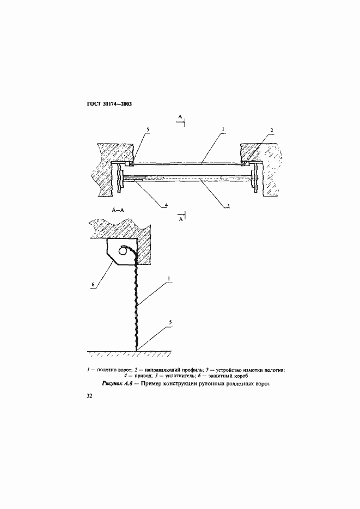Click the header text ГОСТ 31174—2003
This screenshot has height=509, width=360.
pos(106,105)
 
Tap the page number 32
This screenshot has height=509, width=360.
pos(89,396)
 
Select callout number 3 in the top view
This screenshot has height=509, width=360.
pos(229,205)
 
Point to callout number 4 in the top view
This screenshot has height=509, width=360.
pos(166,205)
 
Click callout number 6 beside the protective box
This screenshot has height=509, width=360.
pos(93,285)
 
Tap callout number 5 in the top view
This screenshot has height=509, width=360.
pos(148,130)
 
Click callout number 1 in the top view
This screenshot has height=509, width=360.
pos(223,129)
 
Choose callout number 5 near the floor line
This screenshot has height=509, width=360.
pos(170,322)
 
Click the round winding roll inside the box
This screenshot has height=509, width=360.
pos(123,250)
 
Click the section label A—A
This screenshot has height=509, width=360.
pos(118,210)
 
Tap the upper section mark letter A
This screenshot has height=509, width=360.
pos(180,116)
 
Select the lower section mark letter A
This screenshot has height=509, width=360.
pos(180,220)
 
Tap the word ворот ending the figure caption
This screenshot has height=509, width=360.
pos(263,384)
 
